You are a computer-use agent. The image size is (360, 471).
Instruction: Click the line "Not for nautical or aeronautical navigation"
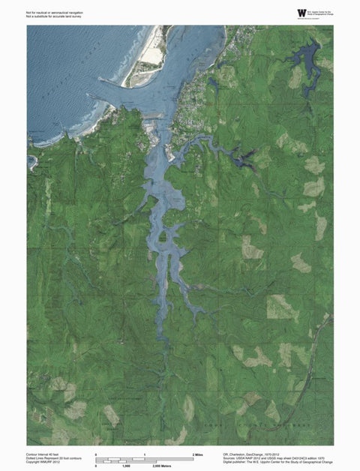[x=53, y=12]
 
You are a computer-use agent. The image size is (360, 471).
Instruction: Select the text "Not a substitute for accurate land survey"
[x=52, y=16]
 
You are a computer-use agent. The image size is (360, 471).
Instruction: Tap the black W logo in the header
[x=302, y=13]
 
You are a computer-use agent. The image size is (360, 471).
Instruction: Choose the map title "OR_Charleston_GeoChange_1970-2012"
[x=252, y=453]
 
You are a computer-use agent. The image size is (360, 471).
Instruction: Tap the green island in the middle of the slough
[x=161, y=238]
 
